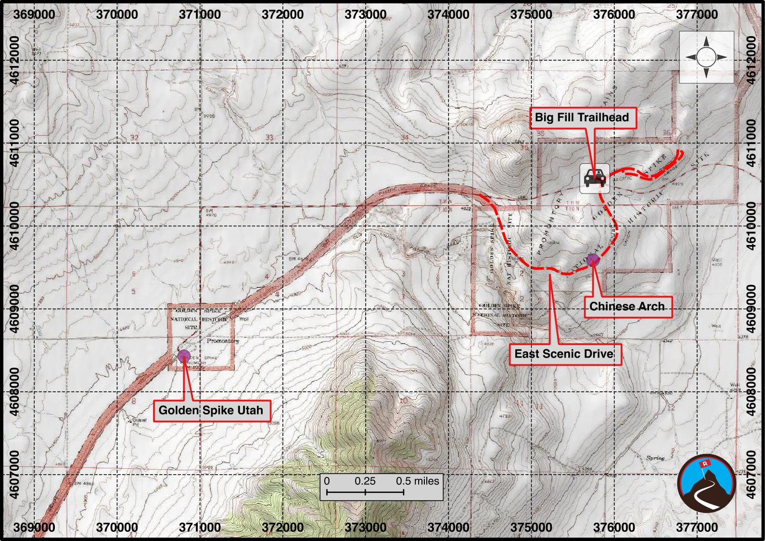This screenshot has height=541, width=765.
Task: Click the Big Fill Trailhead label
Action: click(583, 117)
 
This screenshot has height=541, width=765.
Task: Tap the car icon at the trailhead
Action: click(595, 179)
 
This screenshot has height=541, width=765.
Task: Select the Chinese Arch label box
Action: click(627, 307)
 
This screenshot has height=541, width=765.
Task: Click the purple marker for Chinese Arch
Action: click(593, 260)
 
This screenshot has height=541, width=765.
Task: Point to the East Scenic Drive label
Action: click(564, 354)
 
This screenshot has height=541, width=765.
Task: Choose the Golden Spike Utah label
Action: click(211, 411)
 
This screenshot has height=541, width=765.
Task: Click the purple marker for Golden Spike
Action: click(183, 356)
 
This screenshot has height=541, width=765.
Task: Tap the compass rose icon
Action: click(706, 57)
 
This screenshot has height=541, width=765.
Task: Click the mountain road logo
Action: click(706, 483)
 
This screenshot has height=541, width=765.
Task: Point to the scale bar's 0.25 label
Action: click(365, 481)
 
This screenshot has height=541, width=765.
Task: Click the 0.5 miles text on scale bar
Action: click(417, 481)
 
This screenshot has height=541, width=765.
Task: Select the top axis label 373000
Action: click(366, 14)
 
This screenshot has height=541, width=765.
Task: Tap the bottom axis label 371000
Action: click(200, 528)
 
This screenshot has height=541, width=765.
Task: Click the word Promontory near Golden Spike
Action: click(223, 341)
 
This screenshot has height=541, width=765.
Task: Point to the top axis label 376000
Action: click(614, 14)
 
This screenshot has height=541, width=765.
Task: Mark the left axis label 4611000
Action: click(14, 143)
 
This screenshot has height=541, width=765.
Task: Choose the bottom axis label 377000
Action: click(697, 528)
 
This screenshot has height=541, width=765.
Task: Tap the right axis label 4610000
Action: click(751, 226)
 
